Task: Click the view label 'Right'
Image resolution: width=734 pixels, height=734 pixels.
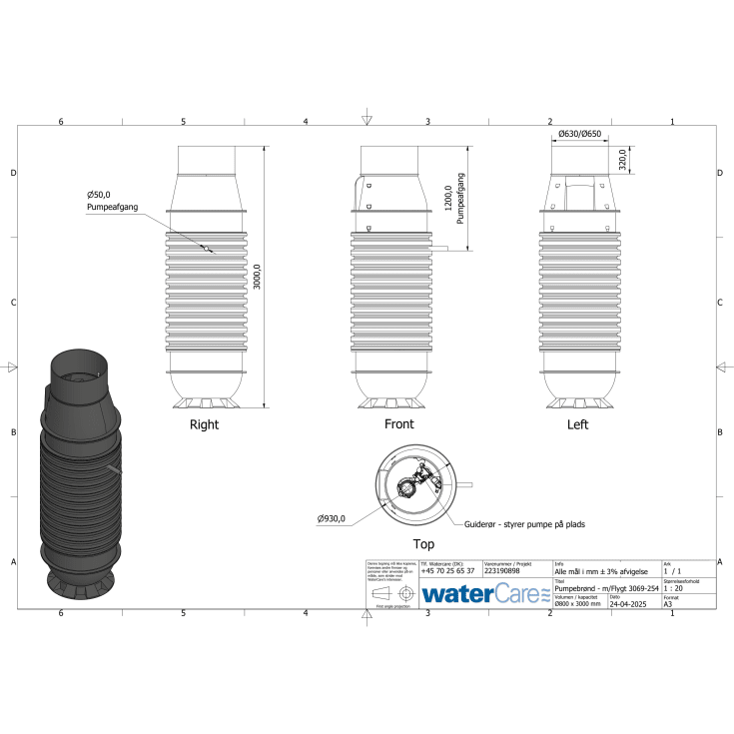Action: (x=204, y=424)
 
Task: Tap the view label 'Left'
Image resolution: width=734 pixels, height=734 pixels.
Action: (x=577, y=424)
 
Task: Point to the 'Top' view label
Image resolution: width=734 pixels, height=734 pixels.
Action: (x=424, y=544)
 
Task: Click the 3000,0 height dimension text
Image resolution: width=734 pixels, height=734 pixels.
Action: (x=257, y=278)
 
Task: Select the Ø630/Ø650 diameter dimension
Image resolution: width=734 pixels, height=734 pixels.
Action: (x=580, y=134)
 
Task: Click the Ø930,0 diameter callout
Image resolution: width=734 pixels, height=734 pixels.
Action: (x=332, y=519)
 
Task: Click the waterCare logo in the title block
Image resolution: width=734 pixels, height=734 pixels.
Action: (x=484, y=593)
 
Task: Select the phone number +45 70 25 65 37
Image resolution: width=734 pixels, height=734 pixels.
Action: (x=447, y=570)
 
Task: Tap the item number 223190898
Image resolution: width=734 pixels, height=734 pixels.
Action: (x=502, y=570)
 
